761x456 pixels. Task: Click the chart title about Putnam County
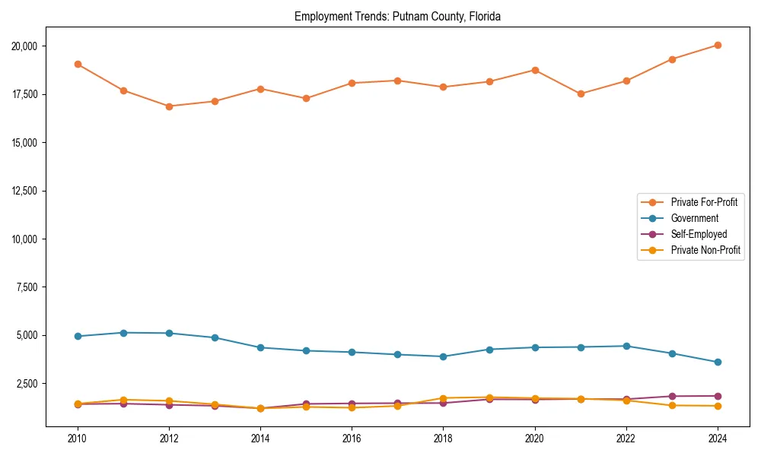397,16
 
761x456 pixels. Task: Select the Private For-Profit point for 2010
78,64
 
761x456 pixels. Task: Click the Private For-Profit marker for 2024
718,45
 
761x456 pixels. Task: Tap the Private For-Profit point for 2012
169,106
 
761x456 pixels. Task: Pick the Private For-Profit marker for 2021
581,93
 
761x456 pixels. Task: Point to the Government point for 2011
123,333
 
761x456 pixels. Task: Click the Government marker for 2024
718,362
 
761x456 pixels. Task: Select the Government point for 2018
443,356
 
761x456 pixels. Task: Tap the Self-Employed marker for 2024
718,396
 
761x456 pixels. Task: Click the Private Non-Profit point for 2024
718,406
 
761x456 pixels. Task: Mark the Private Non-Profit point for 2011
123,400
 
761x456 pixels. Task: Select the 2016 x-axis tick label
352,438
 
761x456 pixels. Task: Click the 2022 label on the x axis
626,438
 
